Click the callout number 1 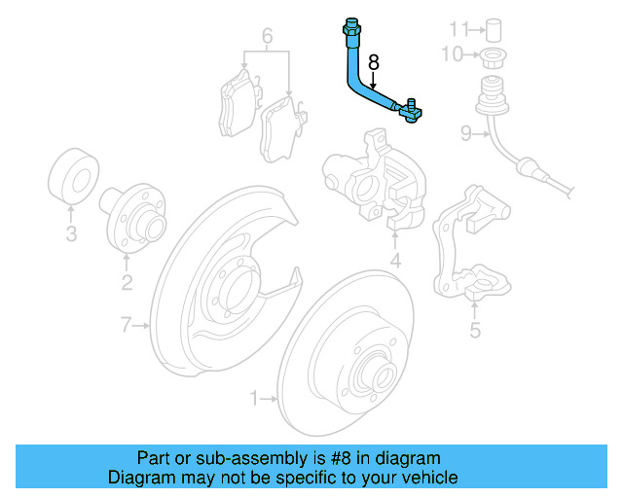click(256, 398)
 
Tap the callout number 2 click(127, 283)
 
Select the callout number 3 click(71, 232)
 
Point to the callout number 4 click(396, 261)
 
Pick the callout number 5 click(475, 331)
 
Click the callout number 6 click(267, 39)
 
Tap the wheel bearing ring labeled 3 click(71, 177)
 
